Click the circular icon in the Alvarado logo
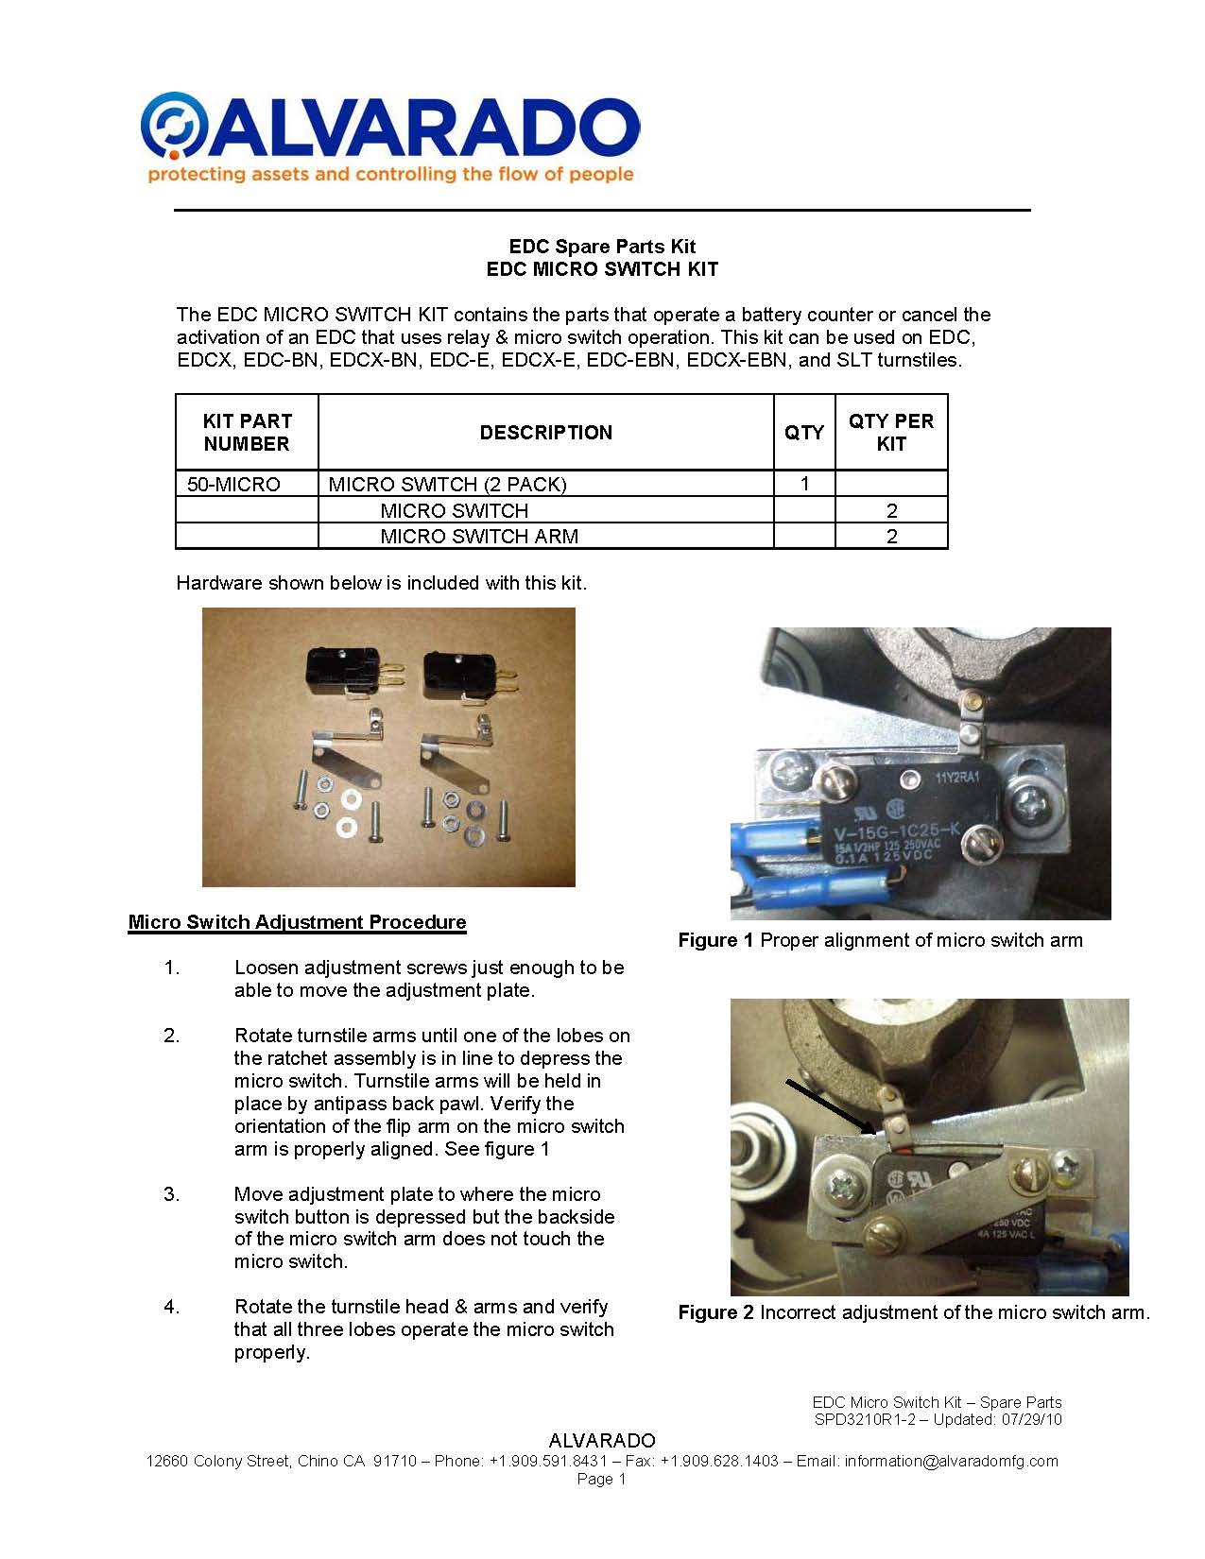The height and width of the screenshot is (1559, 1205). click(x=173, y=124)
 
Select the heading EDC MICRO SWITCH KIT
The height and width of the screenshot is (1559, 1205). click(x=602, y=269)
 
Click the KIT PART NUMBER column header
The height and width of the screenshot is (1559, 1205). click(x=247, y=433)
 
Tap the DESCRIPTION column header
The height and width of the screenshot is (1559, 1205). click(x=545, y=433)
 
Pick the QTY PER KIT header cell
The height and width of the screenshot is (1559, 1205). click(x=890, y=433)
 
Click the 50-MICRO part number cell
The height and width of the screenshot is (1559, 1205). click(x=233, y=485)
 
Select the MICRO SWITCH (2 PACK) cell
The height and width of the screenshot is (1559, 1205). click(x=447, y=485)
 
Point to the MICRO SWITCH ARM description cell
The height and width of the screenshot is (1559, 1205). click(x=479, y=537)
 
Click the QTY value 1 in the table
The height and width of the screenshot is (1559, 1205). click(x=804, y=484)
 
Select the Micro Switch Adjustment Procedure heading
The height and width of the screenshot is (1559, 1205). click(x=297, y=922)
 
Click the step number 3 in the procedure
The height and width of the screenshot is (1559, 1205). click(x=171, y=1194)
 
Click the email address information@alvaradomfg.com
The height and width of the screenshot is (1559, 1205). click(x=951, y=1461)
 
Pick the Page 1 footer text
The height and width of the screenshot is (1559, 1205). click(x=602, y=1479)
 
